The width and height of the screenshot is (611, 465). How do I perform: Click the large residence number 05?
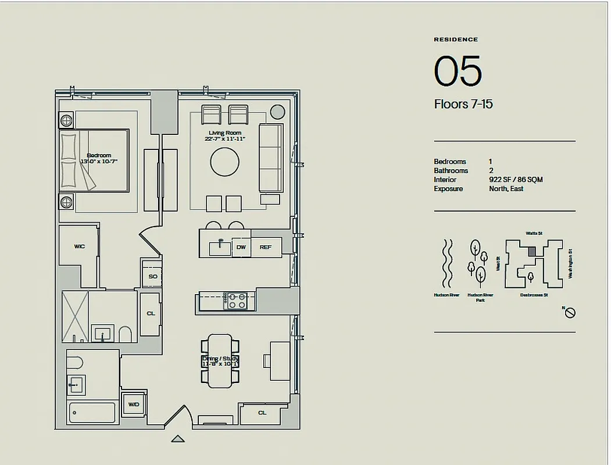pos(458,71)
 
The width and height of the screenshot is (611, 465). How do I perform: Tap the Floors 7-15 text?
pos(463,105)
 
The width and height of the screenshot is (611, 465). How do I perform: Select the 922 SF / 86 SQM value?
pos(516,180)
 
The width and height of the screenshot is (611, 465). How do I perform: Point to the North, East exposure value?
pos(506,189)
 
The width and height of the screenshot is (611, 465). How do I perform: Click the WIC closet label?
pos(79,246)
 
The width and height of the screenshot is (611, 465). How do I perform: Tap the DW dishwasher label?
pos(241,247)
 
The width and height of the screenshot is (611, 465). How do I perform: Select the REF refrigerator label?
pos(265,247)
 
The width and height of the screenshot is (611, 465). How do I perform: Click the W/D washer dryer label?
pos(133,404)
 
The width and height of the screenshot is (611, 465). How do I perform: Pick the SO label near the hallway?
pos(152,276)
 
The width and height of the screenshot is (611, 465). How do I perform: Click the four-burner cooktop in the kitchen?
pos(235,301)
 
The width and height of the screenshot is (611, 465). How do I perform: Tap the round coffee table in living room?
pos(224,162)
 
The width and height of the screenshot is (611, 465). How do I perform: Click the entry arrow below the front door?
pos(178,439)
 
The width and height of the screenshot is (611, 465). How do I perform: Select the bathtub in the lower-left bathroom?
pos(92,413)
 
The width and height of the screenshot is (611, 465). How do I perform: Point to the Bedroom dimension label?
pos(98,158)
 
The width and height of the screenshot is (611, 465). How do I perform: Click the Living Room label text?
pos(224,135)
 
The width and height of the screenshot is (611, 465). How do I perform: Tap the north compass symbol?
pos(570,313)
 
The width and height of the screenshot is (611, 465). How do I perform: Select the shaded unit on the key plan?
pos(532,251)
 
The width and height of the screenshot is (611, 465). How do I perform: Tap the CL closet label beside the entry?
pos(262,413)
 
